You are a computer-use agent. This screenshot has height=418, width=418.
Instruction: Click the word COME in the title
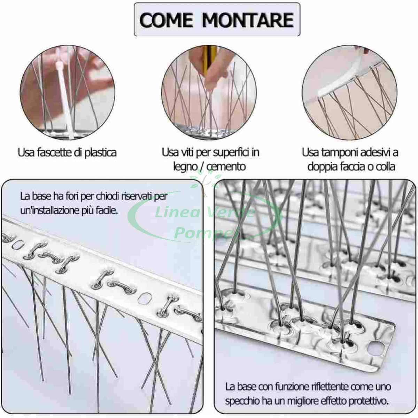pyautogui.click(x=166, y=20)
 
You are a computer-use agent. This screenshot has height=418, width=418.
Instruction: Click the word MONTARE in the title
pyautogui.click(x=248, y=20)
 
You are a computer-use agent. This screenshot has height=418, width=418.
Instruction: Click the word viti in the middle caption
pyautogui.click(x=187, y=152)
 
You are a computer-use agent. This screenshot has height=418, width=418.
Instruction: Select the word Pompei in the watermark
pyautogui.click(x=207, y=233)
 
